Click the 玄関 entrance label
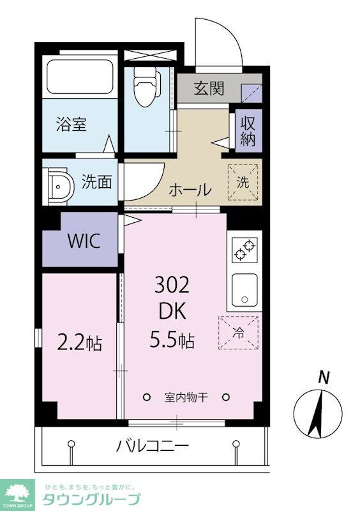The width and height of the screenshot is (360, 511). [x=209, y=89]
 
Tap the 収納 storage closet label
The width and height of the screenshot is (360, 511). [x=248, y=132]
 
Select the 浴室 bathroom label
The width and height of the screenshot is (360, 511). [x=71, y=124]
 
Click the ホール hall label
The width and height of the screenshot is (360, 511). [x=190, y=189]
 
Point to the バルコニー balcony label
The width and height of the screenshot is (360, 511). [x=152, y=445]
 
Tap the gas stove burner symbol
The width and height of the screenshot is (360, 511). [x=244, y=248]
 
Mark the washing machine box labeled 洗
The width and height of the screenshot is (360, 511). [x=243, y=181]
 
